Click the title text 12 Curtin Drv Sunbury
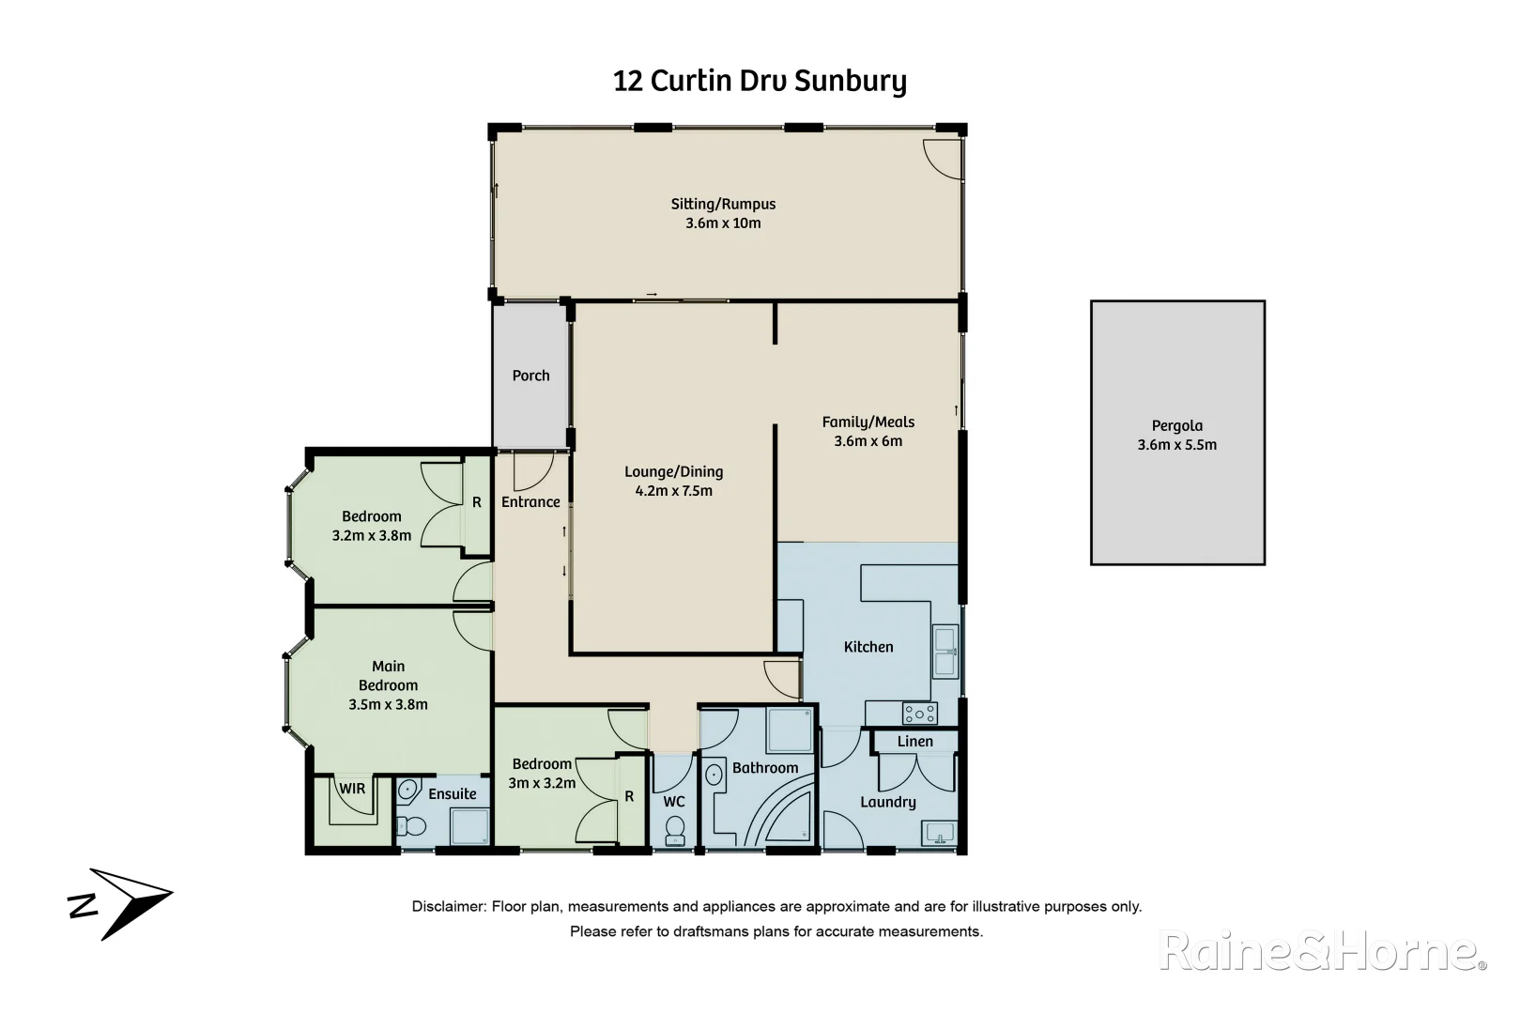tap(760, 81)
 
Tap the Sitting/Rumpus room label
tap(723, 204)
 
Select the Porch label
tap(530, 376)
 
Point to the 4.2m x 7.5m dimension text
tap(673, 491)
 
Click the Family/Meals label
tap(868, 422)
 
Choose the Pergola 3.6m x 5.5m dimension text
tap(1176, 445)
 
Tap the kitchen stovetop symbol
tap(919, 714)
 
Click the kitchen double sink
tap(945, 651)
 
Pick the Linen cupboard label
tap(914, 742)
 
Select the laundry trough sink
tap(939, 832)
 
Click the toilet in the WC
tap(674, 829)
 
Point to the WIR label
tap(352, 789)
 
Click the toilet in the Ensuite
tap(411, 826)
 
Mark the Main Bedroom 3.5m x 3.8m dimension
tap(388, 704)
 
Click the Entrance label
tap(530, 502)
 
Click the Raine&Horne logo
tap(1322, 951)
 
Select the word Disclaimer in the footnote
tap(448, 907)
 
